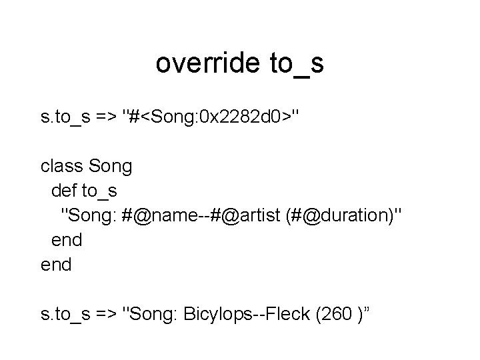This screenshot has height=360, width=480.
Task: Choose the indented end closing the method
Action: click(x=67, y=239)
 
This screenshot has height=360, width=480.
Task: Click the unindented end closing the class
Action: click(x=56, y=264)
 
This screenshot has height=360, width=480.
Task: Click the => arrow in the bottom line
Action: click(x=109, y=313)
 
